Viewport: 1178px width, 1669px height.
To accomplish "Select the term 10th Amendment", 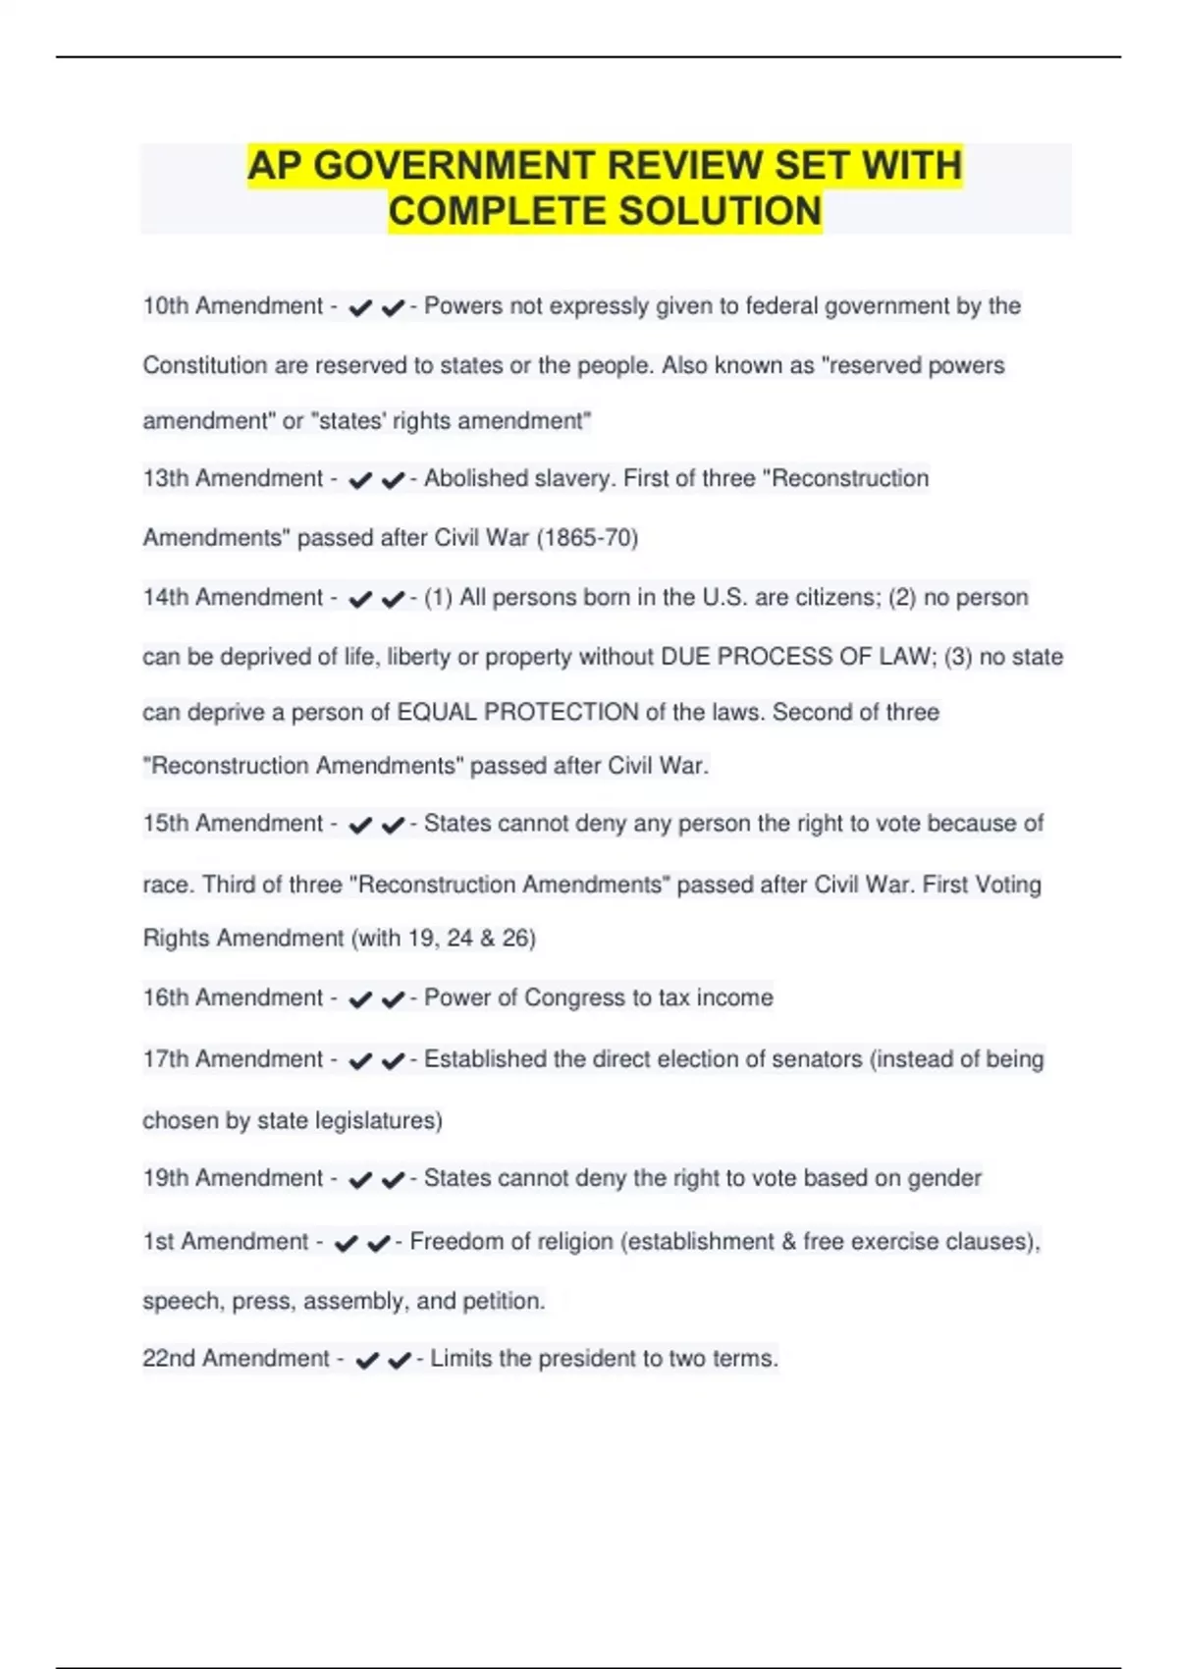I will (233, 306).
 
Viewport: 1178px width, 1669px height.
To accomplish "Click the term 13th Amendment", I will (233, 479).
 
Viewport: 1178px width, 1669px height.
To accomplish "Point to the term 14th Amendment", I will (233, 598).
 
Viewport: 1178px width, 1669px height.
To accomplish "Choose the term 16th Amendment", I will (233, 998).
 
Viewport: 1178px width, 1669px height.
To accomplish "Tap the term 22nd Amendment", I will (236, 1359).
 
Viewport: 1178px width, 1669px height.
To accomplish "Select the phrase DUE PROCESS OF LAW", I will (795, 657).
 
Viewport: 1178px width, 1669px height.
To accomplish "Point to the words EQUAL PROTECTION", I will (517, 713).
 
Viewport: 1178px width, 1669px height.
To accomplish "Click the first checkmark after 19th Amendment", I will (360, 1180).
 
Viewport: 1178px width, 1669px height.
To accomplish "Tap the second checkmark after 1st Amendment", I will (379, 1244).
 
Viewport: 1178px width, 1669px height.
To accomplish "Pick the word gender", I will (943, 1178).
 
